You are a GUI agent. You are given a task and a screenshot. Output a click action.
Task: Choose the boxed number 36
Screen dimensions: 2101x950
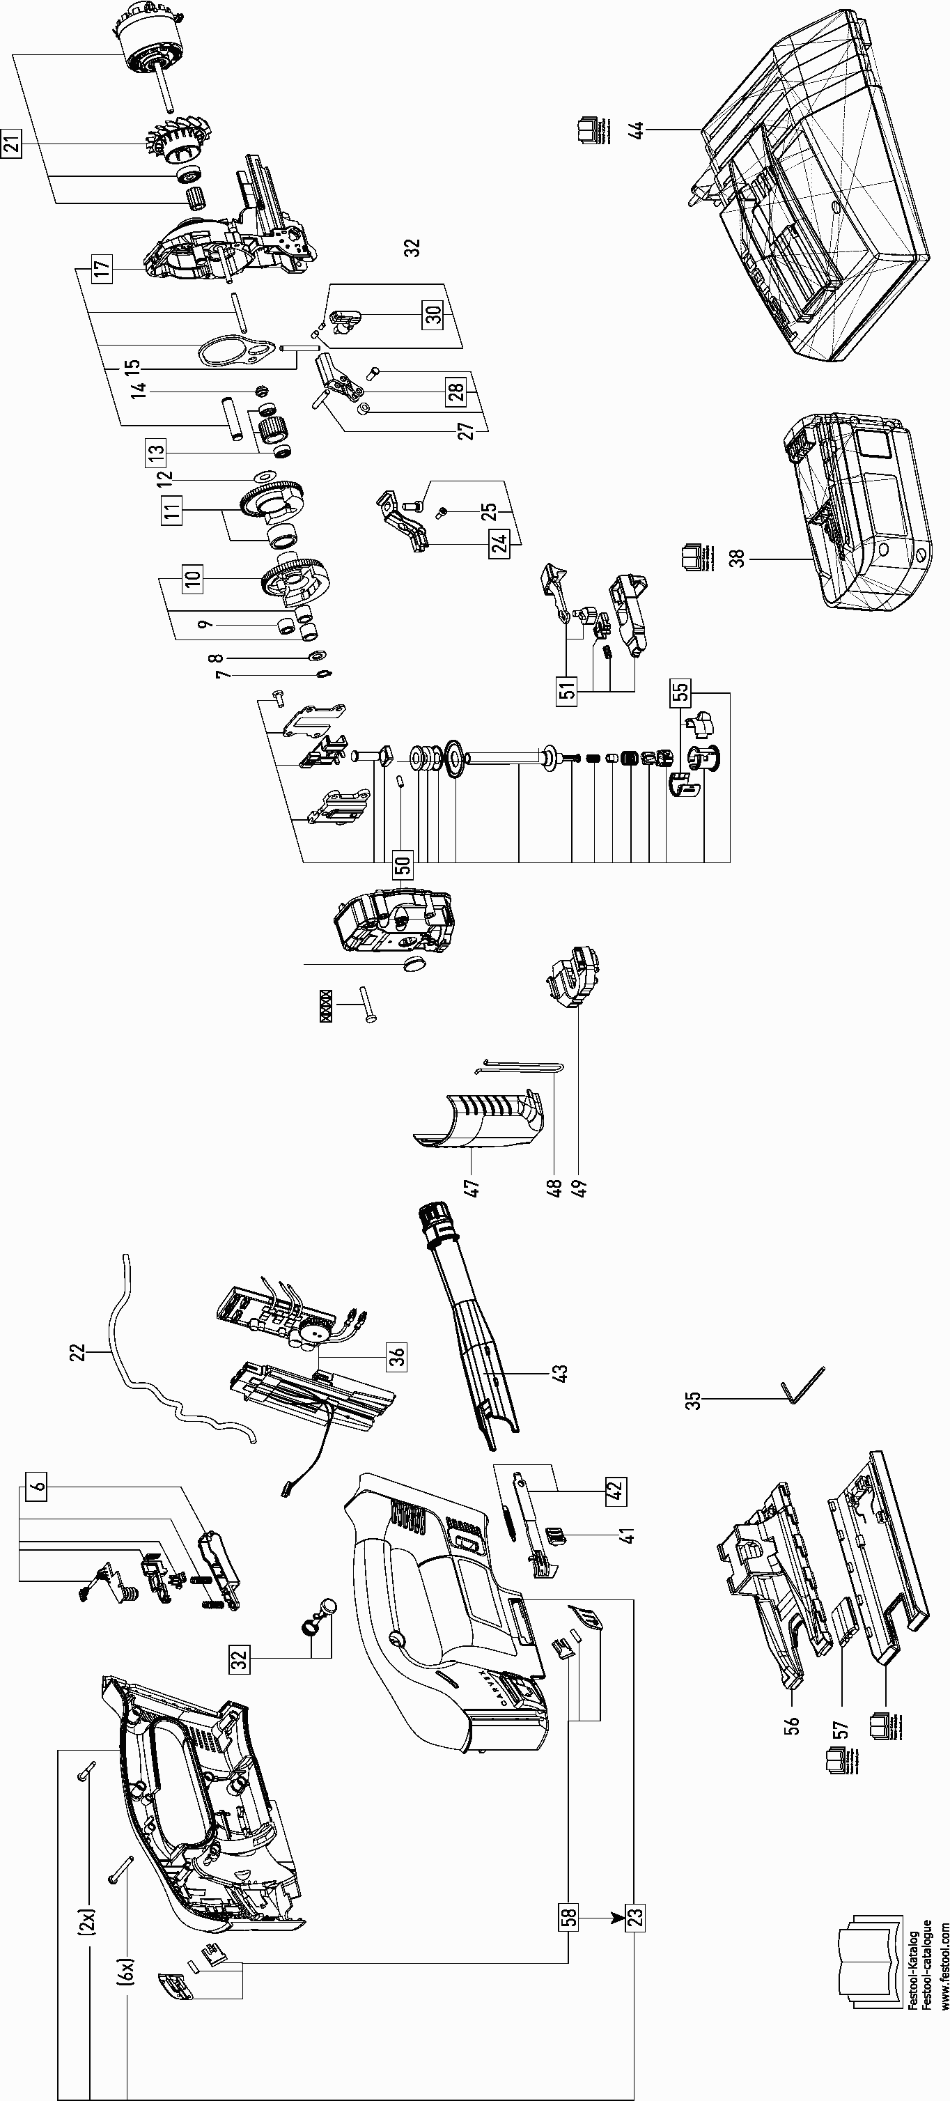(396, 1356)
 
